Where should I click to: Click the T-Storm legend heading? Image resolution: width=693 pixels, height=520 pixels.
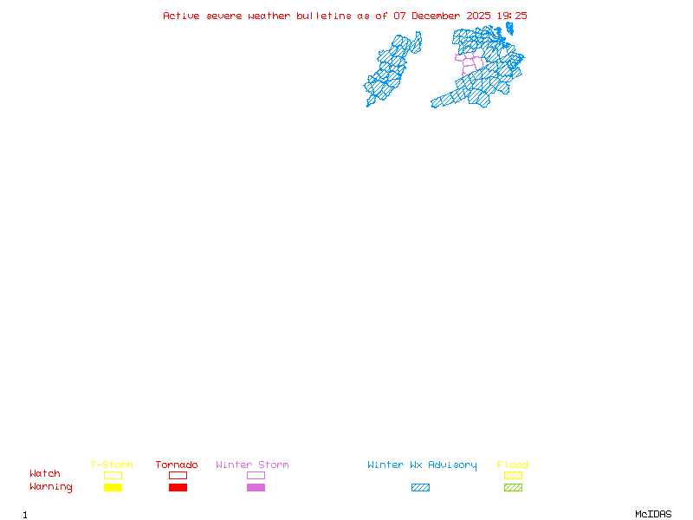tap(112, 465)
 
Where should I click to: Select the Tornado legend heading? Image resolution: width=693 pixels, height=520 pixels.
tap(177, 465)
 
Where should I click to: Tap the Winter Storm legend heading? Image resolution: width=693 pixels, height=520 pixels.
tap(252, 465)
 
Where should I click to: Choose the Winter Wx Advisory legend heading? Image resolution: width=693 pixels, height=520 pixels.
tap(422, 465)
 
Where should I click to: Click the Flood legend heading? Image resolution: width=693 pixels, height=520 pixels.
tap(513, 465)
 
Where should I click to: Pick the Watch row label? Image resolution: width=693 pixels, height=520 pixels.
tap(45, 474)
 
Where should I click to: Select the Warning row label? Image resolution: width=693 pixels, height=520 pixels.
tap(51, 487)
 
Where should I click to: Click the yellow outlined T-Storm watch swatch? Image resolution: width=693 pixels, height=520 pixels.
tap(113, 475)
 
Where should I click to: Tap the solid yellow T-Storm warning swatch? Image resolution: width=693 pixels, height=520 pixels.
tap(113, 488)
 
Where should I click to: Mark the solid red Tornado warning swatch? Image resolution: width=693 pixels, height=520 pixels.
tap(178, 488)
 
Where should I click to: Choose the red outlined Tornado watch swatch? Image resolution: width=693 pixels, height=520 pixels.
tap(178, 475)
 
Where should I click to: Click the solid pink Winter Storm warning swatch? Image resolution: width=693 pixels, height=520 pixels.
tap(256, 488)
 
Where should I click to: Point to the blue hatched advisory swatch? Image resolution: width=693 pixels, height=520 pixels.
tap(420, 488)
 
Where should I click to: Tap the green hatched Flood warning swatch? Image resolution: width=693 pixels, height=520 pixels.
tap(513, 488)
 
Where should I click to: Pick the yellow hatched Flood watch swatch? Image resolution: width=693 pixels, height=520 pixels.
tap(513, 475)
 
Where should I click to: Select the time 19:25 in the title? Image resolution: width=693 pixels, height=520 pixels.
tap(512, 16)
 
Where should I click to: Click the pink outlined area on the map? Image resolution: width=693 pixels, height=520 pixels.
tap(469, 63)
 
